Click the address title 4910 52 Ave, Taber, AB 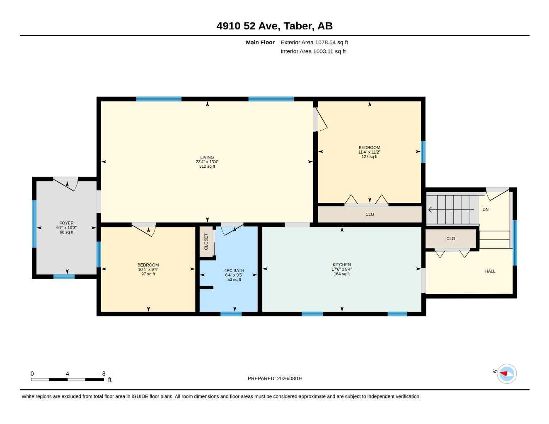[x=274, y=26]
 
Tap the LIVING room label [x=207, y=157]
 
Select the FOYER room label [x=66, y=223]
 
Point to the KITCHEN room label [x=341, y=265]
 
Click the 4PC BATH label [x=234, y=270]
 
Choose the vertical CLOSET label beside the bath [x=206, y=241]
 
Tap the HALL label [x=490, y=271]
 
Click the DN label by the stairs [x=485, y=209]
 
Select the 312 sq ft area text [x=207, y=166]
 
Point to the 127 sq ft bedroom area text [x=369, y=157]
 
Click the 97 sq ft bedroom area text [x=148, y=274]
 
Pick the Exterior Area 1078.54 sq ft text [x=314, y=42]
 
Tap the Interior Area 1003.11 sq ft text [x=313, y=51]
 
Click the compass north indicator [x=503, y=373]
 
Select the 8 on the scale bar [x=104, y=373]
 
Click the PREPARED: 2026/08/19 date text [x=274, y=378]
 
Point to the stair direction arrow [x=451, y=210]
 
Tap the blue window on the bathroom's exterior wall [x=231, y=314]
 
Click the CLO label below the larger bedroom [x=370, y=214]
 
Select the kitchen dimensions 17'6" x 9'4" [x=341, y=269]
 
